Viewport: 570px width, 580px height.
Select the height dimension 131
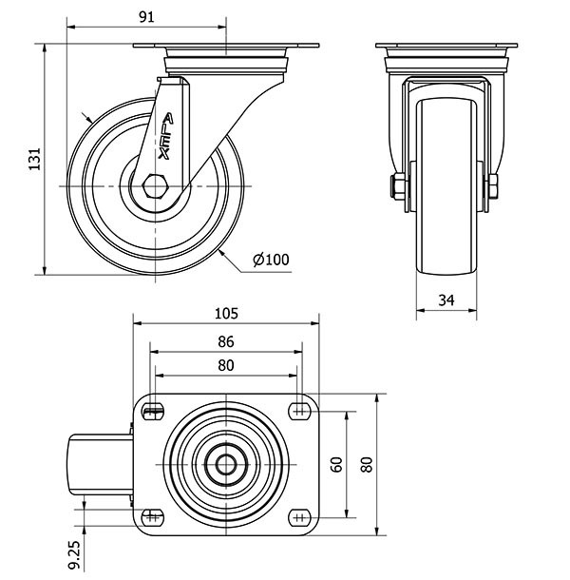(x=34, y=159)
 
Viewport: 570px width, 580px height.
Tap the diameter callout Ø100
(x=271, y=260)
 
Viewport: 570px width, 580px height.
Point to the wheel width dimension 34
(x=446, y=300)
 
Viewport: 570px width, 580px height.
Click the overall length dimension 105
(x=225, y=312)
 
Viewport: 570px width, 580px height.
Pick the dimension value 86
(x=225, y=342)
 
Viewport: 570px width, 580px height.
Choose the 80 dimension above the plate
(x=225, y=365)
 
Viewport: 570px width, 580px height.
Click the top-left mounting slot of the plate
(x=152, y=411)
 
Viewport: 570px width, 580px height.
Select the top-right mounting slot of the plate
(x=300, y=411)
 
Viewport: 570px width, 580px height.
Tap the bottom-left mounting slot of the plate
(x=152, y=516)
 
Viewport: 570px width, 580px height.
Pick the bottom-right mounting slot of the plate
(x=300, y=516)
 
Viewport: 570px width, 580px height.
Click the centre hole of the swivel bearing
(x=226, y=464)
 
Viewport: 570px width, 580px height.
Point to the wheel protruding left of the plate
(x=98, y=464)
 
